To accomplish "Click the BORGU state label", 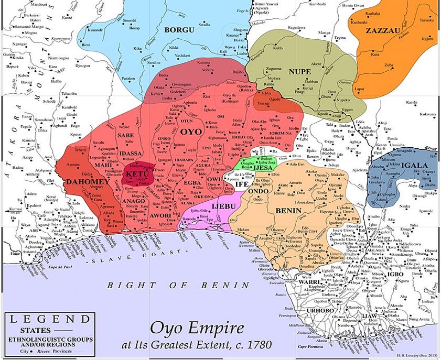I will (179, 30).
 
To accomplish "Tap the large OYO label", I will (191, 132).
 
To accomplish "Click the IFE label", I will (241, 184).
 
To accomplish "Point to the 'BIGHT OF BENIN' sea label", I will (178, 285).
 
